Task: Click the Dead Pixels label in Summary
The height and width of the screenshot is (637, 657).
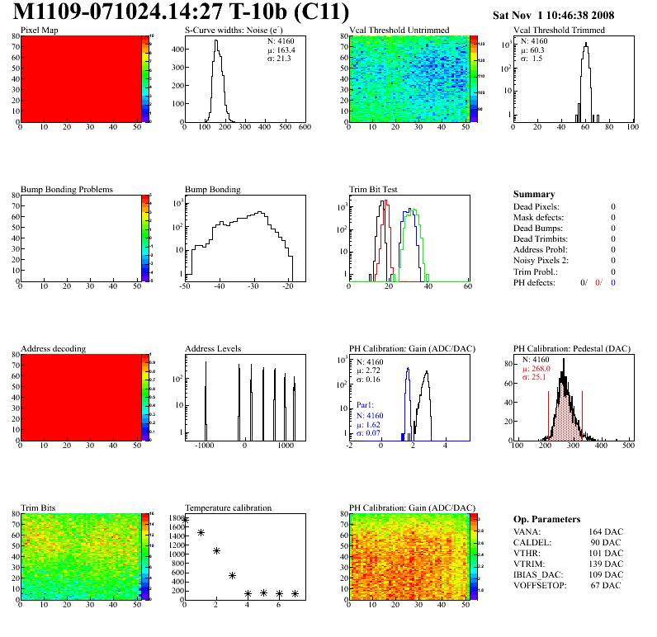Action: pyautogui.click(x=536, y=206)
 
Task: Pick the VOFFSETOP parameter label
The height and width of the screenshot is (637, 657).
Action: pyautogui.click(x=541, y=585)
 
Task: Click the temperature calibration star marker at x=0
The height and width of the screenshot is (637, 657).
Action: pyautogui.click(x=185, y=520)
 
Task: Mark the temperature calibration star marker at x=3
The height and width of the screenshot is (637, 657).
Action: pyautogui.click(x=232, y=575)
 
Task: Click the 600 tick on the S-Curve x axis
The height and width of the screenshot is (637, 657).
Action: pyautogui.click(x=304, y=127)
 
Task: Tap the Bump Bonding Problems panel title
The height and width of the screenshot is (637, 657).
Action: pyautogui.click(x=67, y=189)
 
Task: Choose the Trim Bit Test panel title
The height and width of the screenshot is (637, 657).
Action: pyautogui.click(x=374, y=189)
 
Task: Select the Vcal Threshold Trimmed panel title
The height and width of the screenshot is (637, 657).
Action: pyautogui.click(x=560, y=31)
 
